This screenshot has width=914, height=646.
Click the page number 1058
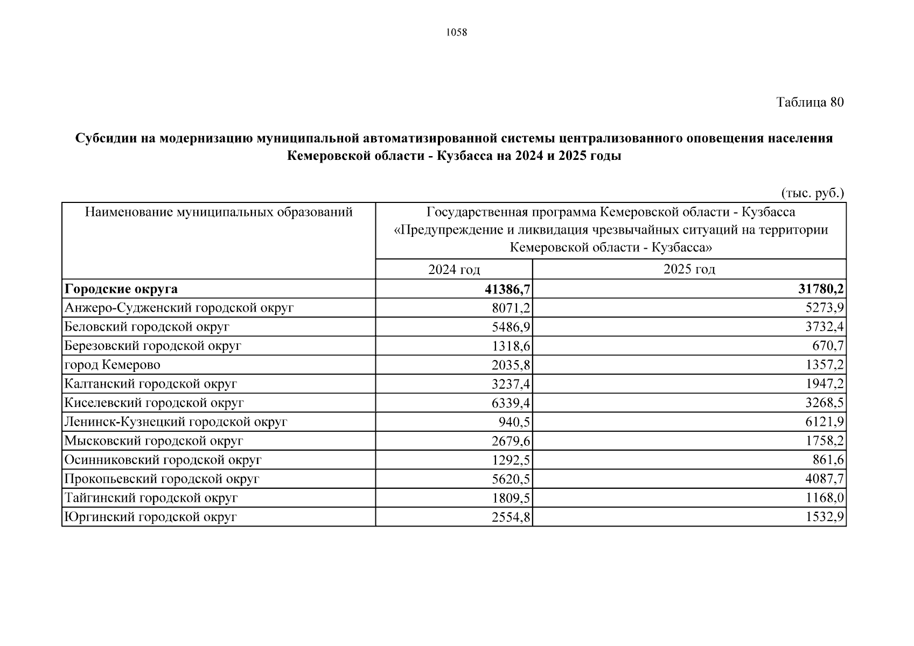coord(457,32)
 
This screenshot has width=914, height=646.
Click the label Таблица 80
coord(810,102)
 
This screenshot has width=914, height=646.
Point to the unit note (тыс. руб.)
coord(812,193)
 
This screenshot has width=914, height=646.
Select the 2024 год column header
coord(453,269)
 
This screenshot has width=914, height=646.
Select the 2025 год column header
coord(689,269)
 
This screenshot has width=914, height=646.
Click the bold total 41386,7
coord(507,289)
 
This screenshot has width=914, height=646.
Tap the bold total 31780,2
coord(821,289)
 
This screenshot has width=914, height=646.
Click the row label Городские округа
coord(121,289)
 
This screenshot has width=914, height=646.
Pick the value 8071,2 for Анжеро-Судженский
coord(511,308)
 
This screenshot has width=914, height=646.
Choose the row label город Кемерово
coord(112,365)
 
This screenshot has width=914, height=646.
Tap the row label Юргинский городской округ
coord(150,517)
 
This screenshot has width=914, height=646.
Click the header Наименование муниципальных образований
coord(219,212)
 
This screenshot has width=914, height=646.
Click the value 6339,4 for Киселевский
coord(511,403)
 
